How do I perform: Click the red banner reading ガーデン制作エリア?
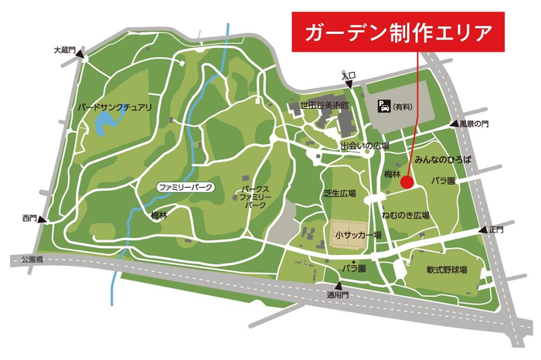tap(398, 33)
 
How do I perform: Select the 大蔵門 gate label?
tap(63, 50)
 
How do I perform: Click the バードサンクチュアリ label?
tap(114, 107)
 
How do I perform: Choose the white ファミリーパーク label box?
tap(185, 188)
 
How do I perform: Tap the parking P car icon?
tap(382, 105)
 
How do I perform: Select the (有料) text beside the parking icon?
tap(403, 106)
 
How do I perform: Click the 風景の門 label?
tap(475, 124)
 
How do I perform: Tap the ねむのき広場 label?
tap(405, 214)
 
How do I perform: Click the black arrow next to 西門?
tap(43, 219)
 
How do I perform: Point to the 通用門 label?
tap(338, 295)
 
